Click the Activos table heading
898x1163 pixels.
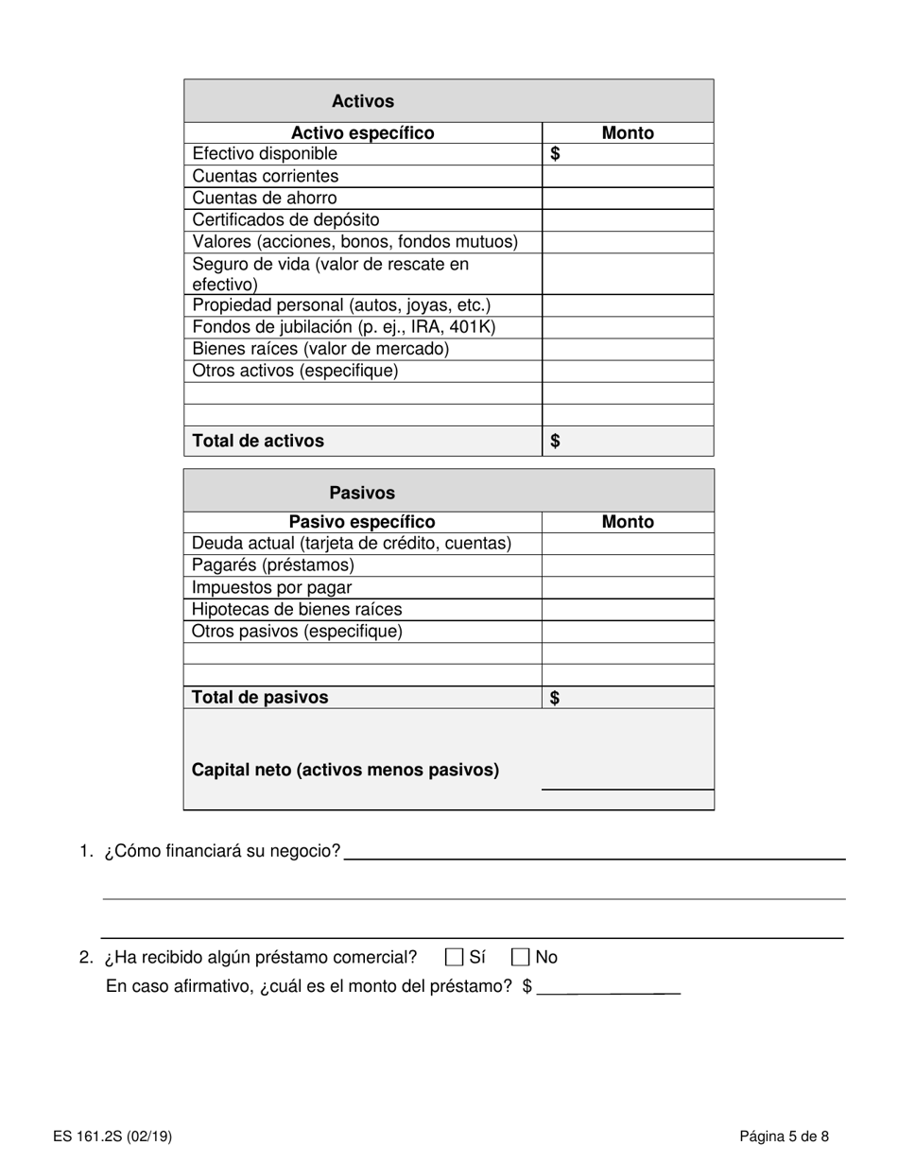tap(363, 101)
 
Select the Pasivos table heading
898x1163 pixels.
tap(362, 493)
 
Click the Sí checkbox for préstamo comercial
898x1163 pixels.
tap(454, 957)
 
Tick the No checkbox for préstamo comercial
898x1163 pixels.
tap(521, 957)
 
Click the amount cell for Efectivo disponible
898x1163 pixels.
tap(628, 154)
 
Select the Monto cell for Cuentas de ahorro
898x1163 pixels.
tap(628, 199)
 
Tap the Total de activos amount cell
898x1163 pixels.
tap(628, 441)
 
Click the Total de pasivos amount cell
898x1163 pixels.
tap(628, 698)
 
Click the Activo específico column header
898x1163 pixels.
tap(363, 133)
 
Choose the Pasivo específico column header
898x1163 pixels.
tap(362, 522)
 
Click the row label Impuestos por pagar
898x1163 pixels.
tap(272, 587)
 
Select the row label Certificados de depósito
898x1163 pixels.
tap(285, 220)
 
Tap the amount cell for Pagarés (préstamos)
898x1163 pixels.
tap(628, 565)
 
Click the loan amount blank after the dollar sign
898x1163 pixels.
tap(608, 986)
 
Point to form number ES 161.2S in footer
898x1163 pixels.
tap(112, 1137)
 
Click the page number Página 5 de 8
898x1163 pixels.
tap(785, 1137)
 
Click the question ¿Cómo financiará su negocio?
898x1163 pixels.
tap(223, 851)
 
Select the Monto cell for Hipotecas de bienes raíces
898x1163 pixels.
tap(628, 610)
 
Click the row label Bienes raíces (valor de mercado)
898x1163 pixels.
tap(320, 349)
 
